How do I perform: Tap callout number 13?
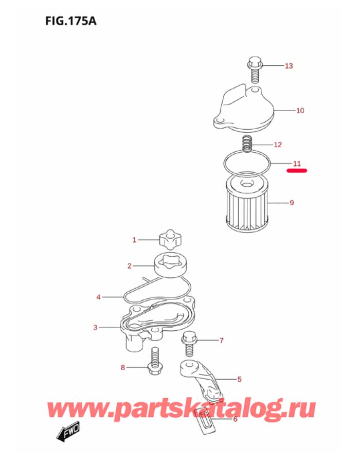(289, 66)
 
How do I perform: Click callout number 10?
(300, 110)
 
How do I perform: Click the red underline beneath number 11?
(297, 170)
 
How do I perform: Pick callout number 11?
(297, 164)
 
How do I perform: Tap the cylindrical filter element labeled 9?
(245, 203)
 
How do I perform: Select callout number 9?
(292, 203)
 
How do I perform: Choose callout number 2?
(130, 266)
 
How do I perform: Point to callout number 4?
(98, 297)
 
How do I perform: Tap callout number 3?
(95, 327)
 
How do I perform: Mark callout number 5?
(239, 380)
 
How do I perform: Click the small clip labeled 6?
(205, 421)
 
